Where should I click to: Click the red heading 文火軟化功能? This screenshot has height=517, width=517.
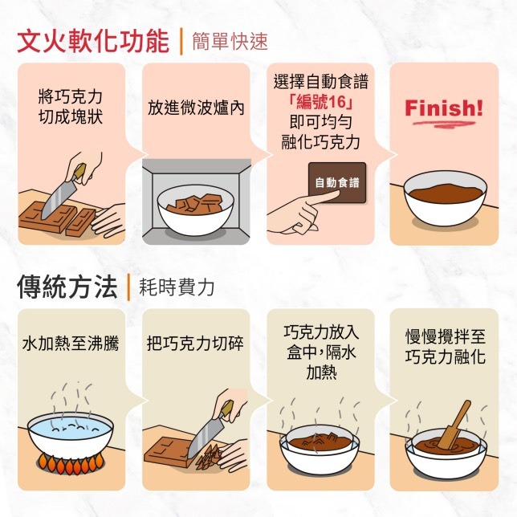click(93, 42)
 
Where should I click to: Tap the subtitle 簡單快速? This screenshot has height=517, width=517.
click(230, 42)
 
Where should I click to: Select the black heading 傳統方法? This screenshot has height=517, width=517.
click(67, 287)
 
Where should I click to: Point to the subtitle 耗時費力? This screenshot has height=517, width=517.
click(177, 287)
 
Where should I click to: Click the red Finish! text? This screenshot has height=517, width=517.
click(444, 108)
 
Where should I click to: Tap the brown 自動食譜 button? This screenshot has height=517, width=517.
click(337, 183)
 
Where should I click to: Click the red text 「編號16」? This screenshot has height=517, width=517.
click(320, 102)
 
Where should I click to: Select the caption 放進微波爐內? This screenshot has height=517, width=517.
click(196, 108)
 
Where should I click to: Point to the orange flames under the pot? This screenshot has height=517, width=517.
click(71, 463)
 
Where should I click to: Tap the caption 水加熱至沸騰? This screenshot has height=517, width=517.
click(71, 344)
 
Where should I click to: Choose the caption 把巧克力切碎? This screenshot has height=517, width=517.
click(195, 344)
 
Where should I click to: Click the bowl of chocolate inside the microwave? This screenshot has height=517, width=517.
click(196, 210)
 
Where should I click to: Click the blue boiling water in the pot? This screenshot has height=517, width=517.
click(70, 428)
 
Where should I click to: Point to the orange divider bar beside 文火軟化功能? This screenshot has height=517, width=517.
click(181, 42)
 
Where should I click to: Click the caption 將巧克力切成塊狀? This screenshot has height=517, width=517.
click(71, 107)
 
